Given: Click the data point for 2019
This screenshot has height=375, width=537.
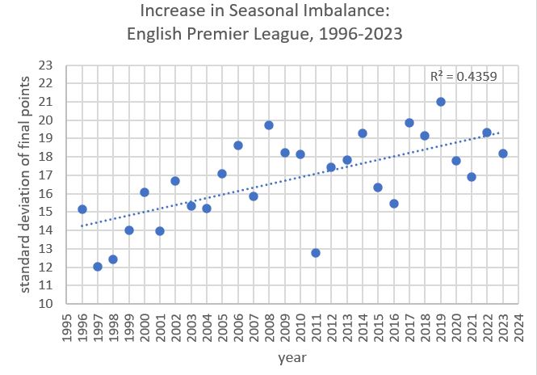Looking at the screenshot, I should [x=441, y=102].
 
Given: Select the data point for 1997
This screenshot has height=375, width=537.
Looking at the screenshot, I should [x=98, y=267].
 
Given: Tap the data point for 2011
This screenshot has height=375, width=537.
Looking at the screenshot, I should [x=316, y=253].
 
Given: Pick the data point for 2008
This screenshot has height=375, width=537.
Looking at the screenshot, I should [x=269, y=125].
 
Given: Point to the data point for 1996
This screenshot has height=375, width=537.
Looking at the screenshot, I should [x=82, y=209].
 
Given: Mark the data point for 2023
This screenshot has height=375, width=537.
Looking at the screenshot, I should [x=503, y=154].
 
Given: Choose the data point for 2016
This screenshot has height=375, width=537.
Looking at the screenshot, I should [x=394, y=204].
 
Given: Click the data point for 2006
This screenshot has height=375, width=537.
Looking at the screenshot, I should [x=238, y=145].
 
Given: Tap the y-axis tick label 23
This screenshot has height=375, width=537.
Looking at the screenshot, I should [x=45, y=65].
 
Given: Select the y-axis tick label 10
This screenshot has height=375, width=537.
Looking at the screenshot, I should [x=45, y=305].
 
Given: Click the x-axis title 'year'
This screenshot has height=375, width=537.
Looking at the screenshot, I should [x=292, y=356].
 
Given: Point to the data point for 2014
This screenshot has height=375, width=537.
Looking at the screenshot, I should [x=363, y=133].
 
